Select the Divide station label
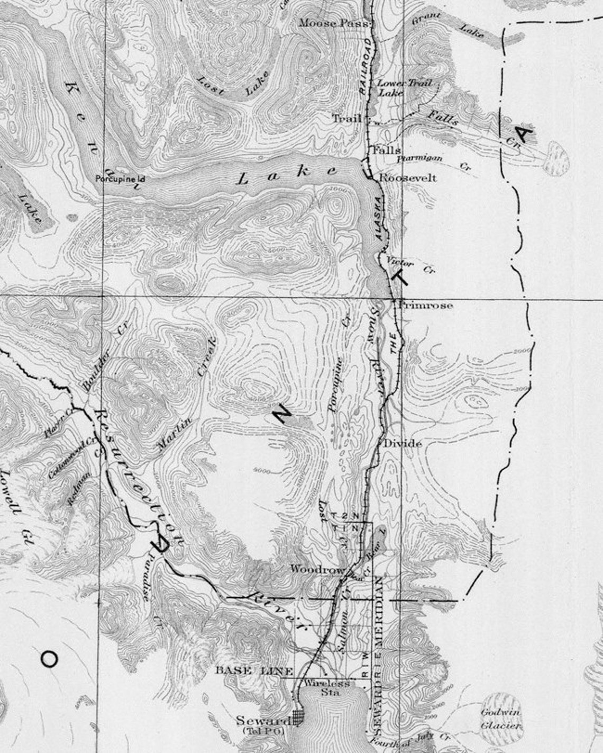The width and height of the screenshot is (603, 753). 403,443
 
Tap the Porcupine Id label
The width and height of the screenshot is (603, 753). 120,179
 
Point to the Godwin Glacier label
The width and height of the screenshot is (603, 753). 501,719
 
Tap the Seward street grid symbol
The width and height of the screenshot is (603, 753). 299,718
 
